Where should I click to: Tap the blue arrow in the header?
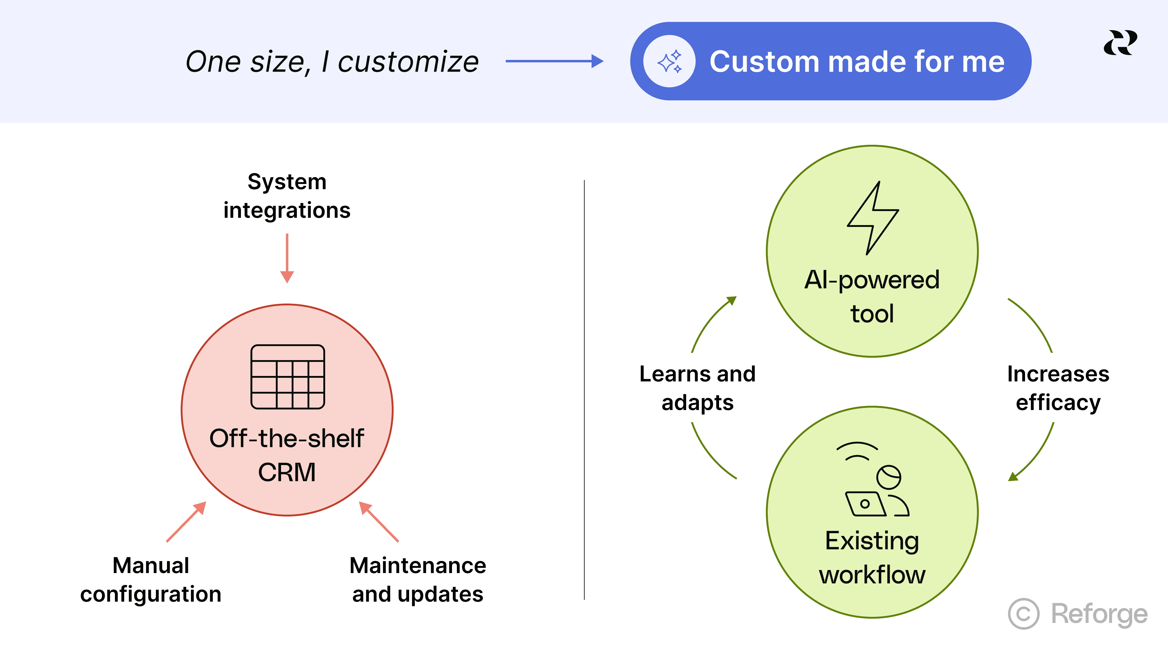554,61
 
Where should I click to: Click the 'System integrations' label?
287,196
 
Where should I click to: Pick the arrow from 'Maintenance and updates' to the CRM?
379,521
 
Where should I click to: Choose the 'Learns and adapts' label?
697,388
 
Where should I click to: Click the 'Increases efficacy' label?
1058,388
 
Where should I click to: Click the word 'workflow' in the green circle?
872,575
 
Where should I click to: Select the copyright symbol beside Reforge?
1023,614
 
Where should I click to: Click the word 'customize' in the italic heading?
408,62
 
